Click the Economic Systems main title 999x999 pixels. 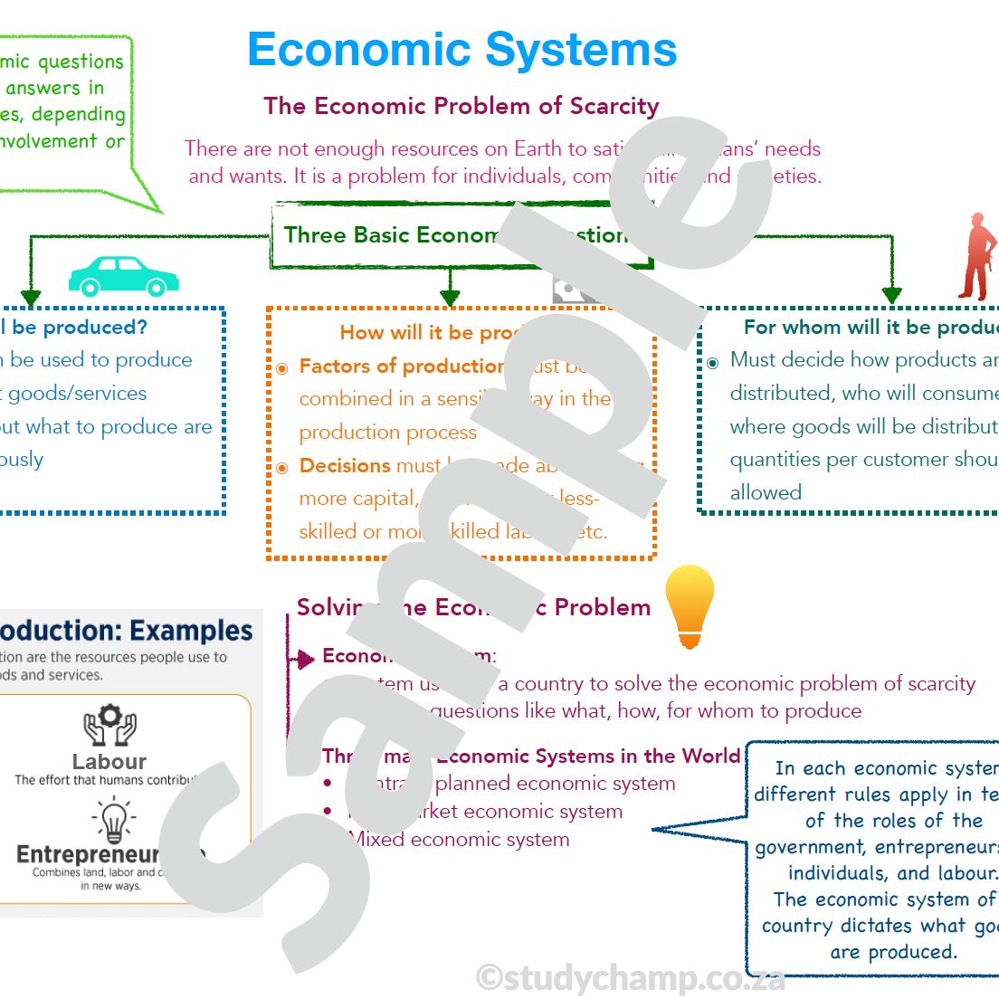click(x=461, y=50)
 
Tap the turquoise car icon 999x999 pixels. click(x=123, y=276)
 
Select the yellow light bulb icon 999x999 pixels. click(x=690, y=605)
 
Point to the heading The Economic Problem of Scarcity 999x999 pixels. click(x=461, y=106)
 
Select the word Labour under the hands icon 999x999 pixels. click(x=109, y=762)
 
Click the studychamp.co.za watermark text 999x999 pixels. click(x=630, y=977)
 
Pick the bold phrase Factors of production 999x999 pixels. click(x=402, y=366)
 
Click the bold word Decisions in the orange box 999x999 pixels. click(x=345, y=465)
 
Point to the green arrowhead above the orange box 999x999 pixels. click(x=450, y=297)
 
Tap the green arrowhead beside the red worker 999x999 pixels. click(x=891, y=295)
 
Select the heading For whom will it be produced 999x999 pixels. click(x=869, y=327)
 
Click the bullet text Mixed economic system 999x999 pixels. click(x=461, y=839)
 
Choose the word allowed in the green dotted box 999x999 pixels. click(x=766, y=492)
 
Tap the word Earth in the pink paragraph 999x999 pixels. click(x=538, y=148)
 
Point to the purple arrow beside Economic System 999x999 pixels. click(x=304, y=659)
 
